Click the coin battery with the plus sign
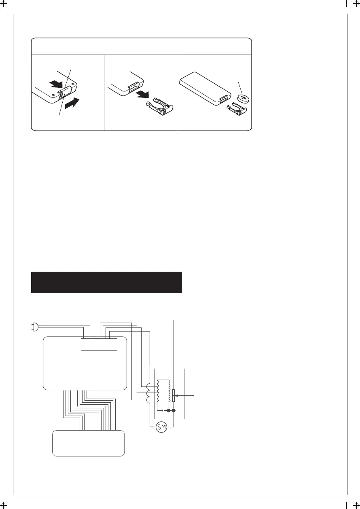coord(244,98)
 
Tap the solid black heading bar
coord(106,282)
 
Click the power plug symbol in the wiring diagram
coord(34,327)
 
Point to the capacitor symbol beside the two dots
coord(163,410)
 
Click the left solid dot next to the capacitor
coord(168,410)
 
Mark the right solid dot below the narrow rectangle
coord(174,410)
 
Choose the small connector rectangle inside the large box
coord(99,344)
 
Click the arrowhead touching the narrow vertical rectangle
coord(177,395)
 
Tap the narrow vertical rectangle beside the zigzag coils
coord(174,396)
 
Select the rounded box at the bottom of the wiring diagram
coord(89,444)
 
